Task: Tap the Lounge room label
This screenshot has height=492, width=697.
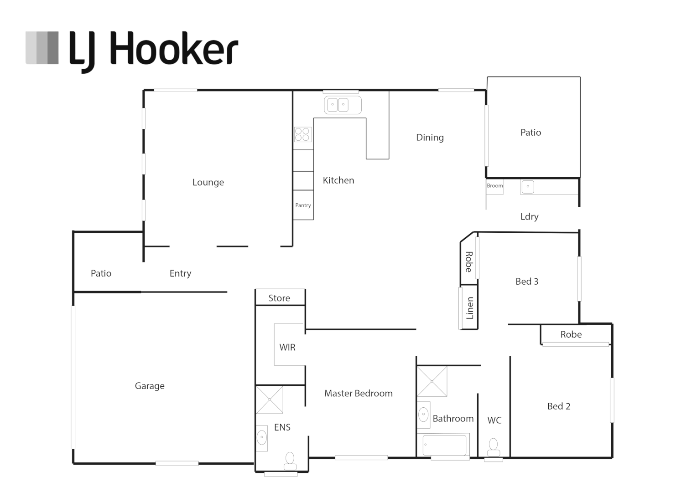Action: click(208, 182)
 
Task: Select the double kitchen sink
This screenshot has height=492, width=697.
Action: click(343, 105)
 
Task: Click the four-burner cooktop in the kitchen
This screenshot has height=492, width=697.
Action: click(303, 134)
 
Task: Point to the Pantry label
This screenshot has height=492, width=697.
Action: click(303, 205)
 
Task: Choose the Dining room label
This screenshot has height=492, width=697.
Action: click(430, 138)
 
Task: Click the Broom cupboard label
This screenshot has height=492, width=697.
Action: click(495, 185)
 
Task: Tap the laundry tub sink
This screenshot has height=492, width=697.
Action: click(527, 187)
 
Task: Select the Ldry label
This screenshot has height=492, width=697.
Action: click(529, 217)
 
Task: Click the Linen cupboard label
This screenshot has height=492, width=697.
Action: click(469, 308)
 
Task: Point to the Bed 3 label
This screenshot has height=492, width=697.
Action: click(527, 281)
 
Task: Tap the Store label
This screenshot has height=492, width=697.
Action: click(279, 298)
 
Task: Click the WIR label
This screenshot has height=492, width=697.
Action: click(287, 347)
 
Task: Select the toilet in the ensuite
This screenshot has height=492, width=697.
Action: click(290, 461)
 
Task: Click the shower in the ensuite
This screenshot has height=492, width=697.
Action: click(270, 400)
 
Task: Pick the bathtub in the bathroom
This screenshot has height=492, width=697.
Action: click(444, 445)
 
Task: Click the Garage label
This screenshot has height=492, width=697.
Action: click(150, 386)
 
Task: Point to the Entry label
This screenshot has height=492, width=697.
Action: click(180, 273)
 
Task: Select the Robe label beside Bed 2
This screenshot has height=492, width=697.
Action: click(571, 334)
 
